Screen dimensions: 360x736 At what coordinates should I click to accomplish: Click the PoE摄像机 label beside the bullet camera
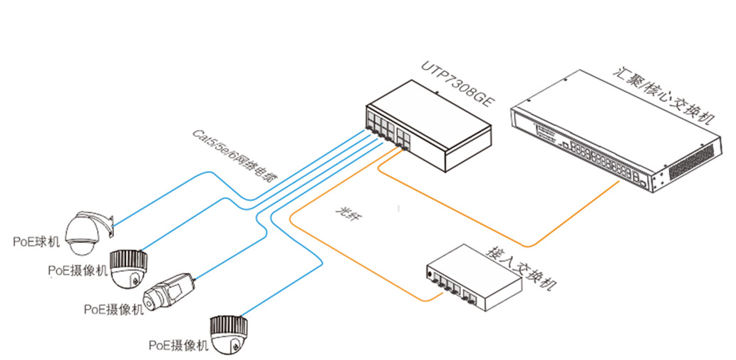(113, 309)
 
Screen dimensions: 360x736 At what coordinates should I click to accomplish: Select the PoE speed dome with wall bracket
(84, 232)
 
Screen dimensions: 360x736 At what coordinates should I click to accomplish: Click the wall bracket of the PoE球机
(109, 225)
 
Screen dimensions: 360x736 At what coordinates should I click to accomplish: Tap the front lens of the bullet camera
(151, 299)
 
